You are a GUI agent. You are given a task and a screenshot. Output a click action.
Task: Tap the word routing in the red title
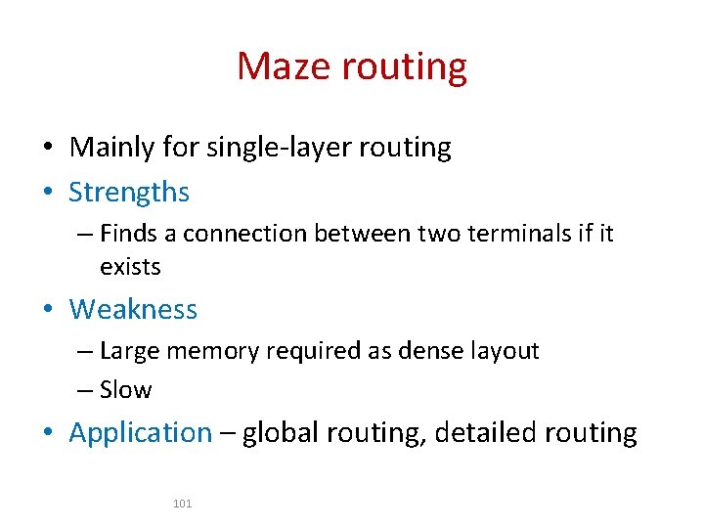406,66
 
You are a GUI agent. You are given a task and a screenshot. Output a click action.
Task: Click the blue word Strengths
129,192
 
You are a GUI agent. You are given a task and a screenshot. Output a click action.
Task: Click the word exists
130,266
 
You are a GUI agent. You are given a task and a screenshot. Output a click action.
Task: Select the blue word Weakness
133,309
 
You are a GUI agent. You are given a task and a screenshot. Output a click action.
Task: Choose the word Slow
126,390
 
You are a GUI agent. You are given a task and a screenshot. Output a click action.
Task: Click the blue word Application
141,432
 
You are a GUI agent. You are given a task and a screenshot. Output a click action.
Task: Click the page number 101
182,504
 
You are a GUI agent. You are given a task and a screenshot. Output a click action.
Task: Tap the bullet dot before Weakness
48,310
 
